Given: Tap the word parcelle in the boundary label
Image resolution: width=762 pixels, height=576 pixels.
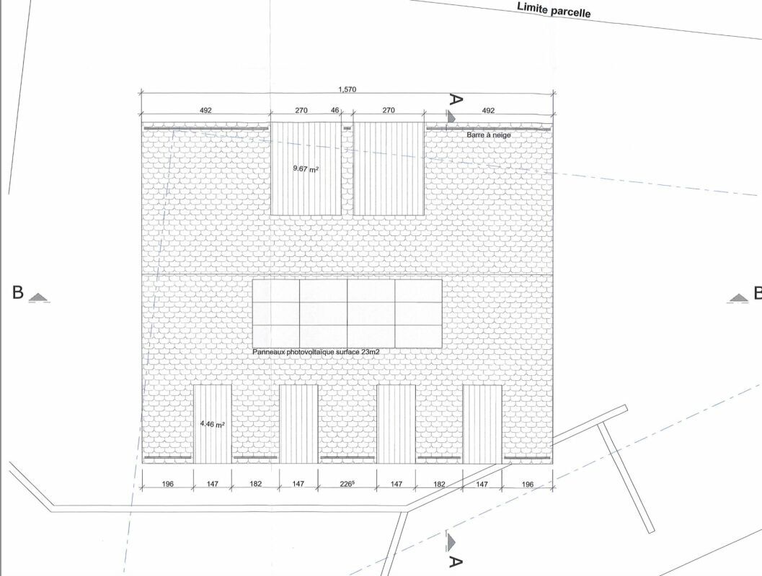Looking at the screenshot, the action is click(x=570, y=12).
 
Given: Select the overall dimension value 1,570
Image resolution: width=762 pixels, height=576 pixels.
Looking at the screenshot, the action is click(x=347, y=89).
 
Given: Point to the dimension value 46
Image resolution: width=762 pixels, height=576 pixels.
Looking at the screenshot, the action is click(x=335, y=110).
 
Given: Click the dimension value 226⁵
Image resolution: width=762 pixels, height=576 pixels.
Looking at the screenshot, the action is click(x=347, y=484).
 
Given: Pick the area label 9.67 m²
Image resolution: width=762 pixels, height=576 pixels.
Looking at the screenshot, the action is click(x=306, y=169).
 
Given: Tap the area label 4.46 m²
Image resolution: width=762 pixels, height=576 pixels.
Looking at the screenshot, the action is click(x=213, y=424).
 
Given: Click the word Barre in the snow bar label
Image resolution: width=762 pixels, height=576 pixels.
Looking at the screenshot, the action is click(x=476, y=135).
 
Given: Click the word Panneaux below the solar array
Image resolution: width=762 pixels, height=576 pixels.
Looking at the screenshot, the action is click(x=269, y=352).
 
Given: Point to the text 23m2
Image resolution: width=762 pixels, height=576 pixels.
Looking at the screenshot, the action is click(x=371, y=352).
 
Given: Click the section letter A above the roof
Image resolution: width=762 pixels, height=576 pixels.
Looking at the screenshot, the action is click(x=455, y=99).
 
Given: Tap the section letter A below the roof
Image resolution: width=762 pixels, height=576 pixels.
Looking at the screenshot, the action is click(x=455, y=562).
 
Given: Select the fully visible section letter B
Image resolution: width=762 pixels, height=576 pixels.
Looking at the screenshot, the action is click(x=18, y=292).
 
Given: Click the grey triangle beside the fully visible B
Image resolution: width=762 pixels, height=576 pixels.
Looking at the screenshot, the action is click(x=40, y=298).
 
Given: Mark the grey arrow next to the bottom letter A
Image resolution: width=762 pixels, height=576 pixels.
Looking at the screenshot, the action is click(x=451, y=541).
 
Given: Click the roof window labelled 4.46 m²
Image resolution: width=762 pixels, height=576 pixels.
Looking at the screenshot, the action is click(x=213, y=424).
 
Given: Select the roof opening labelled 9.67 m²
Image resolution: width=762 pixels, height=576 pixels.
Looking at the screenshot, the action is click(x=306, y=168).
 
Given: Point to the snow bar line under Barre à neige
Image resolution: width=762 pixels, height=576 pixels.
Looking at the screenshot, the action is click(x=488, y=129).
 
